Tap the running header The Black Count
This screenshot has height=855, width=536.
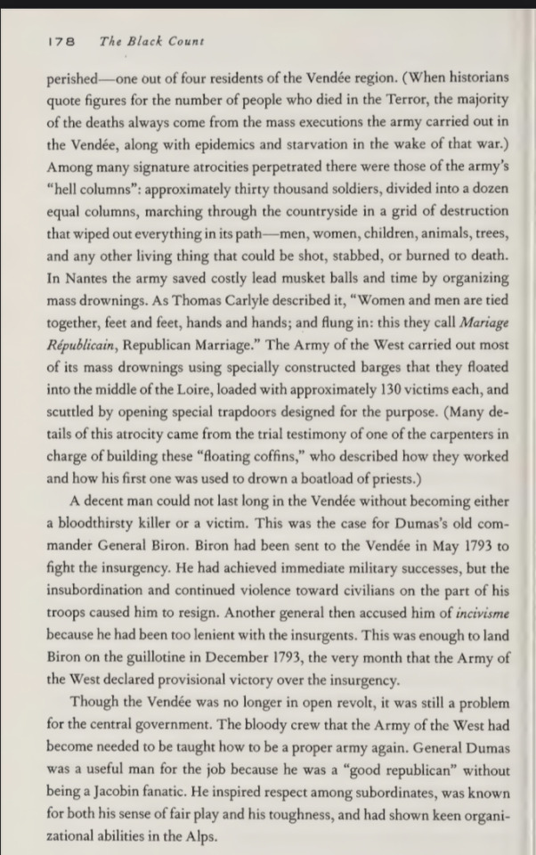point(152,41)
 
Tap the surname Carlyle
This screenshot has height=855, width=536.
point(219,300)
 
